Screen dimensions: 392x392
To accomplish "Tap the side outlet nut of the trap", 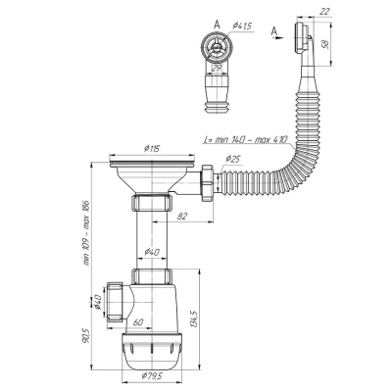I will point(117,298).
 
